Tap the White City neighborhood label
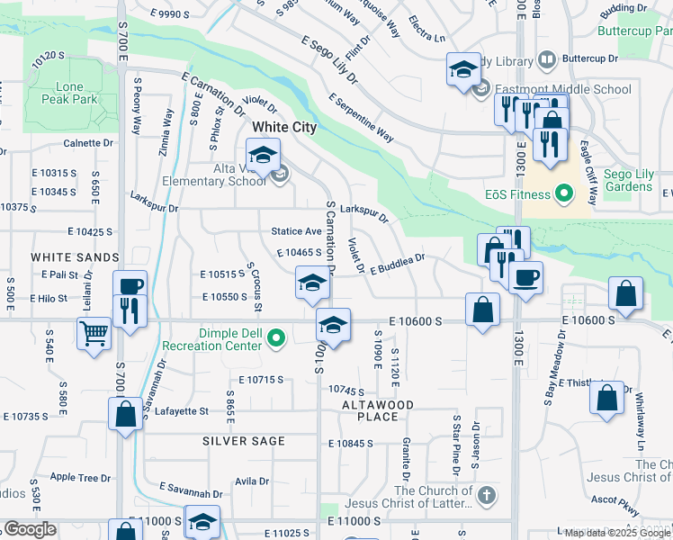(x=284, y=128)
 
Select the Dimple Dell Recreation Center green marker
(x=278, y=338)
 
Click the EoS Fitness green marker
(x=564, y=193)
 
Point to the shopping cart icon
(x=94, y=334)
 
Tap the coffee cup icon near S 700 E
(x=131, y=285)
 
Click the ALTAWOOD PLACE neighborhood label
(x=377, y=410)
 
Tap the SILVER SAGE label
(x=244, y=441)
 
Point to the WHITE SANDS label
(x=63, y=257)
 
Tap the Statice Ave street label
(x=296, y=231)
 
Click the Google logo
(x=30, y=529)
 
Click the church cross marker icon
(x=486, y=495)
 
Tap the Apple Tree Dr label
(x=81, y=477)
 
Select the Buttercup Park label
(x=634, y=30)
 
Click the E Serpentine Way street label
(x=361, y=118)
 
